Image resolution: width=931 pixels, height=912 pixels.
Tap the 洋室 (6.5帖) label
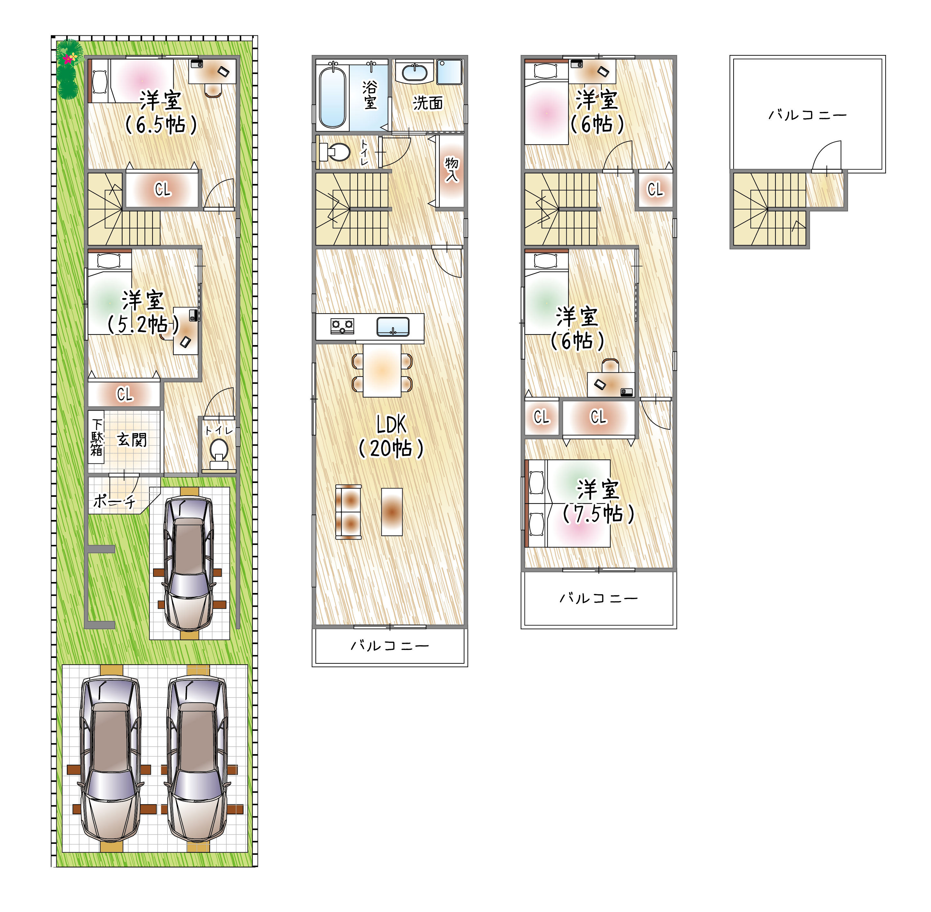161,113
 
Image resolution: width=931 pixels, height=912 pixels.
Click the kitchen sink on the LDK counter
393,327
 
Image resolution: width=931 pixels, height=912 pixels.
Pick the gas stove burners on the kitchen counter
342,327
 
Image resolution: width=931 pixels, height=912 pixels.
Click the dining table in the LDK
382,370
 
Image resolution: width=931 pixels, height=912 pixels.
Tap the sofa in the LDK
349,512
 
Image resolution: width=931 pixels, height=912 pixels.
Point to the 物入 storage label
452,169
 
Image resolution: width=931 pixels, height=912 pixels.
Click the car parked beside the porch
189,564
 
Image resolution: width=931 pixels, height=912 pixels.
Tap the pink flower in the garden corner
68,59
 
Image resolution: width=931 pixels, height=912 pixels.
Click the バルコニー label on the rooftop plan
808,115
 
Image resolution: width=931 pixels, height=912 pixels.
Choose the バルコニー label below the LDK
390,646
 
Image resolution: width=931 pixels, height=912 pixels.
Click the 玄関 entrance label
132,440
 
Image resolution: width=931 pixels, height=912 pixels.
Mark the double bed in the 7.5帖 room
568,503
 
